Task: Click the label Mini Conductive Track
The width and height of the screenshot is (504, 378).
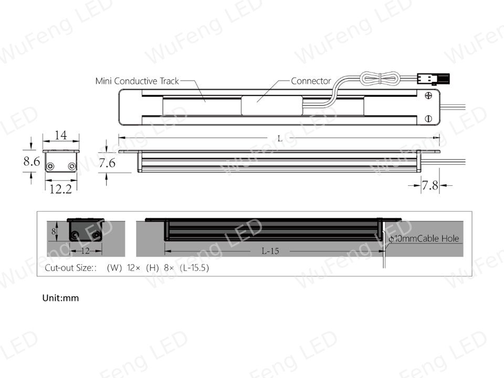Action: (137, 81)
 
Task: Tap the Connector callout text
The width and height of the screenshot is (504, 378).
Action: (311, 81)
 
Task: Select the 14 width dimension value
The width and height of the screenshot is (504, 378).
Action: (61, 135)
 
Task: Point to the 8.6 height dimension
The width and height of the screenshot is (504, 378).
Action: (31, 161)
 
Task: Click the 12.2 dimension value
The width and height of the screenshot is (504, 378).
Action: (60, 189)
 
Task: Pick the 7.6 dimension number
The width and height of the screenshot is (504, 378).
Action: (107, 163)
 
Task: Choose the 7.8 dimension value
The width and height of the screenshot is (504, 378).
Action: (430, 185)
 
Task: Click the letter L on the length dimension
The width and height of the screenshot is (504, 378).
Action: (280, 139)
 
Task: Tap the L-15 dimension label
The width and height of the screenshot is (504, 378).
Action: (270, 251)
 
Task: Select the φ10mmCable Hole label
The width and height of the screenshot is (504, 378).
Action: (424, 238)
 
